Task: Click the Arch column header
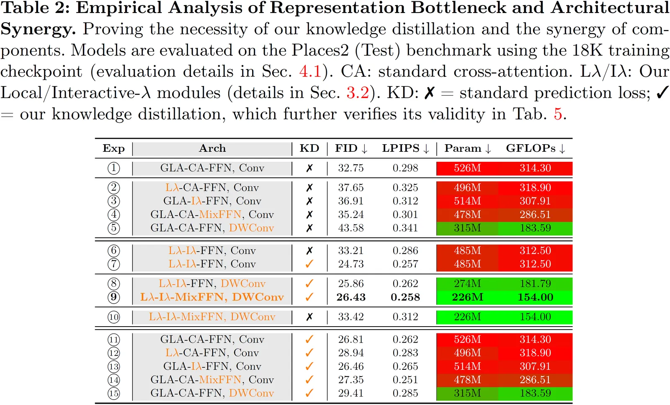click(212, 148)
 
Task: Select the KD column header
click(309, 148)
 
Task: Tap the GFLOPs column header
click(536, 148)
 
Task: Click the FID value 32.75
click(351, 168)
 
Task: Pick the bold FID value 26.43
click(351, 297)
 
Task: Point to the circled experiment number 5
click(113, 228)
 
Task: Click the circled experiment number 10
click(113, 317)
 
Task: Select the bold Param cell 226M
click(467, 297)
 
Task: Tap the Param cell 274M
click(467, 284)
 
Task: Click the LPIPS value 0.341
click(405, 228)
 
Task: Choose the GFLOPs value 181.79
click(535, 284)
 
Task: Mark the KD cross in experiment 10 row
click(309, 317)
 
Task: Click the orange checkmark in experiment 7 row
click(309, 264)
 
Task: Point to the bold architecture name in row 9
click(212, 297)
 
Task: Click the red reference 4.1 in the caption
click(310, 72)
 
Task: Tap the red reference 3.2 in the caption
click(358, 93)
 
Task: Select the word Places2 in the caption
click(320, 50)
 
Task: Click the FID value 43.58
click(351, 228)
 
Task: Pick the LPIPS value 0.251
click(405, 380)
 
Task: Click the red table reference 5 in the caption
click(558, 114)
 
